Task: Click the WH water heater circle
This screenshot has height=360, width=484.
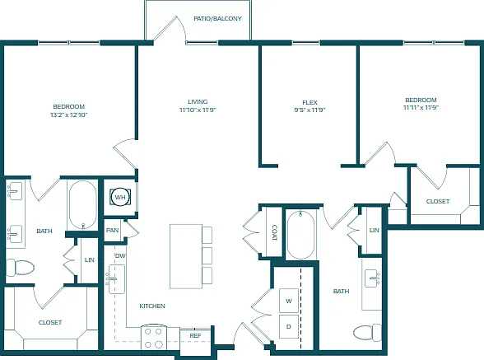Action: (x=120, y=197)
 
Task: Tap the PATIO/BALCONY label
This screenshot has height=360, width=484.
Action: (x=217, y=19)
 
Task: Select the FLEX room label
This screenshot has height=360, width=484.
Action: (x=309, y=102)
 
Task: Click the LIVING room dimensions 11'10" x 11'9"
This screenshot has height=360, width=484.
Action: (x=198, y=110)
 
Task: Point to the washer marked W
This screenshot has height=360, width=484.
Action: (x=289, y=301)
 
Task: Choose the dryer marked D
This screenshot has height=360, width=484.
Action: (x=289, y=326)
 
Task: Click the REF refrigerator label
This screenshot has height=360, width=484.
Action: (x=195, y=335)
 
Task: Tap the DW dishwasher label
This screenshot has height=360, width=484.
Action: (x=120, y=256)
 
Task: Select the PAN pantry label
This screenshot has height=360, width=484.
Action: (x=112, y=230)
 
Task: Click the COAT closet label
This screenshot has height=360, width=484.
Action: (x=274, y=232)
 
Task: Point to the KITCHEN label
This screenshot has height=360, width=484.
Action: (x=152, y=306)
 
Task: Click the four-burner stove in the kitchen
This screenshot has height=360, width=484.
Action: (x=153, y=338)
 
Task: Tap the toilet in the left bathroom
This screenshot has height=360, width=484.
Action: (x=20, y=268)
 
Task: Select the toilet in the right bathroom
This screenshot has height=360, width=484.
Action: (x=368, y=333)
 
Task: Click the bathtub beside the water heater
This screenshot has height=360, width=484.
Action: (x=82, y=205)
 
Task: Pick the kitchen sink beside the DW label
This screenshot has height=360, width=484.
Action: (x=117, y=279)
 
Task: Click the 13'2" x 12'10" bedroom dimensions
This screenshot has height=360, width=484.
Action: (x=69, y=115)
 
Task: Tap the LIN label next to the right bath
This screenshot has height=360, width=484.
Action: (x=374, y=230)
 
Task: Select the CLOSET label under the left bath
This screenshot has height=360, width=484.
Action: (x=50, y=322)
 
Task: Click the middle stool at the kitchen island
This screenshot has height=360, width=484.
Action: (x=207, y=255)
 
